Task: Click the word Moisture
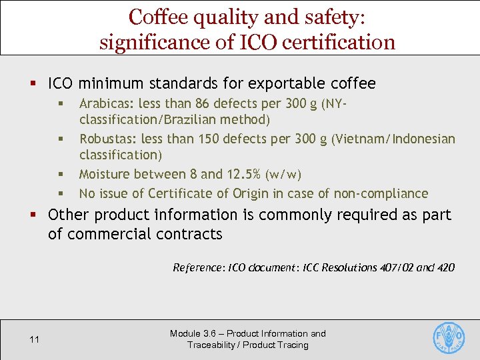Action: pos(105,174)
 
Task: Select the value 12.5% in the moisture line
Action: pos(242,174)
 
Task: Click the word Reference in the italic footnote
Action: pos(198,267)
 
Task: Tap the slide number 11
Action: pos(35,340)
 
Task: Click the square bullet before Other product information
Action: pos(33,215)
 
